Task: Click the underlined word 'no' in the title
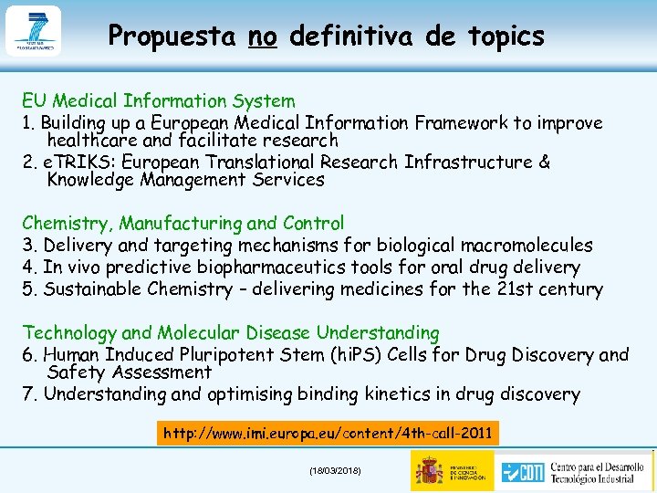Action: [x=262, y=37]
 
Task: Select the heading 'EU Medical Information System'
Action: [x=159, y=101]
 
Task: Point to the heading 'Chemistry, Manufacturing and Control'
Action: [x=183, y=224]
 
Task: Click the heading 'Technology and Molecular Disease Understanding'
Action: [x=231, y=333]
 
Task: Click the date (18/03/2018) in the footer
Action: [x=335, y=470]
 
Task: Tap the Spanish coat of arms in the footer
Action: [x=428, y=470]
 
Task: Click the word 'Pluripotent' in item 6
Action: [x=260, y=354]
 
